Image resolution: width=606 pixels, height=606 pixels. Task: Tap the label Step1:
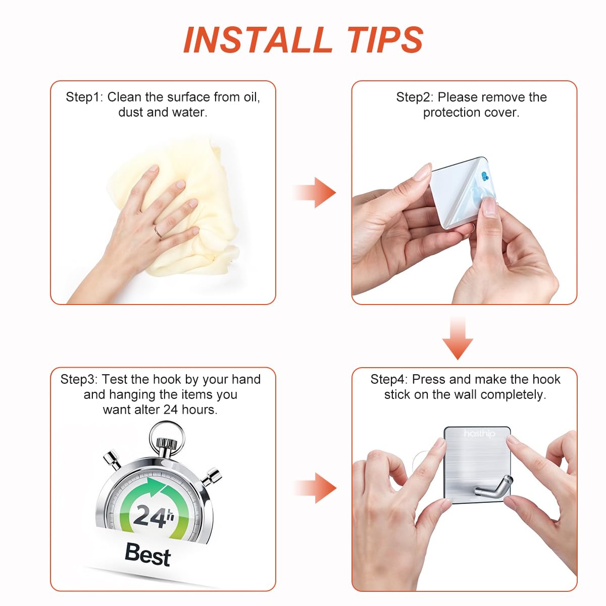[84, 97]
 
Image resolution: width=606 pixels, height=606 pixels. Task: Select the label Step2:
[415, 97]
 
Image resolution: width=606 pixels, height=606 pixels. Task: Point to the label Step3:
[79, 379]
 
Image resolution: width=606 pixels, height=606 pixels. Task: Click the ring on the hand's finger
[158, 232]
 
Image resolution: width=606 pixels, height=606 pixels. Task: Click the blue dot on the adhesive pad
[485, 176]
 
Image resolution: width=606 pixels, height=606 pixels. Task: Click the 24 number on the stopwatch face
[150, 516]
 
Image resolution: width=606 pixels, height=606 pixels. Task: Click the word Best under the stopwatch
[147, 554]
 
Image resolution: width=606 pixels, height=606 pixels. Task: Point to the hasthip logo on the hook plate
[479, 434]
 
